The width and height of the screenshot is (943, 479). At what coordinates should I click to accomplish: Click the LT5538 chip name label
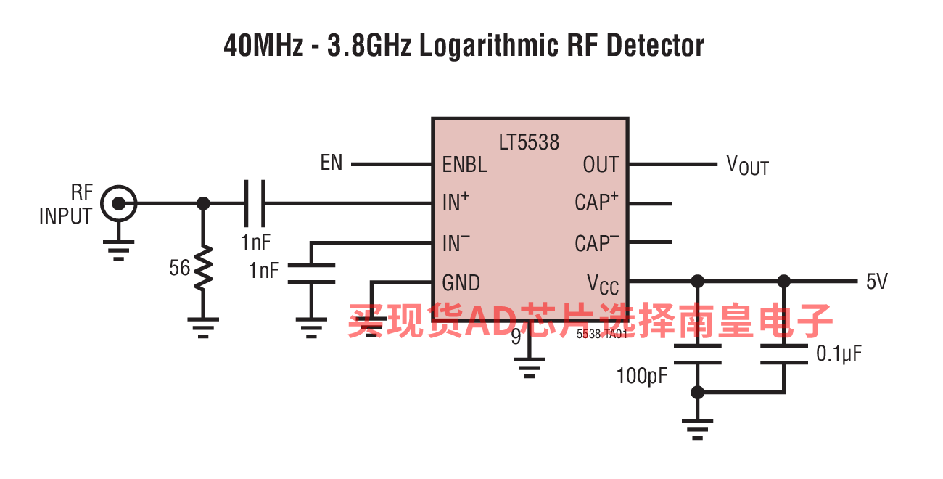[x=529, y=142]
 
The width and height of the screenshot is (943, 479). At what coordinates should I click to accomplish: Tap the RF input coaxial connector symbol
[x=119, y=203]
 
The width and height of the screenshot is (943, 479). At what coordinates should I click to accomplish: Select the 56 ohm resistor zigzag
[x=203, y=268]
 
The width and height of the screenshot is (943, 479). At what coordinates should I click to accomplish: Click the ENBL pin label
[x=465, y=164]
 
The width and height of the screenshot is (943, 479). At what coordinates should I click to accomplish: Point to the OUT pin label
[x=601, y=164]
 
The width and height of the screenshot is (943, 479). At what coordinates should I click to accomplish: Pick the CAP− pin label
[x=596, y=242]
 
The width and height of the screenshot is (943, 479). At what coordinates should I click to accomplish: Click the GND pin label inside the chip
[x=461, y=282]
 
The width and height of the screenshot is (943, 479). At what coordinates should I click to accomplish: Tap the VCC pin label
[x=603, y=284]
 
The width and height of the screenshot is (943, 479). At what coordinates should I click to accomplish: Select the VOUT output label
[x=747, y=165]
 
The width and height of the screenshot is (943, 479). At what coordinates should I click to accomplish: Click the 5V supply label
[x=877, y=282]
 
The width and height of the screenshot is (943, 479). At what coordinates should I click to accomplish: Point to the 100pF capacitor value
[x=641, y=376]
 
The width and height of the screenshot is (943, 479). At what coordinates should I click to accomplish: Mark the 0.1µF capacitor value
[x=839, y=354]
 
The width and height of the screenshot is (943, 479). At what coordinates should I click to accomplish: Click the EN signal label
[x=332, y=163]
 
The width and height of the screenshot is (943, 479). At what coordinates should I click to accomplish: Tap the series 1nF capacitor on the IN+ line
[x=255, y=203]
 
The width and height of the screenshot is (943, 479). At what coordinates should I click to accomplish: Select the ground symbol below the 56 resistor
[x=203, y=328]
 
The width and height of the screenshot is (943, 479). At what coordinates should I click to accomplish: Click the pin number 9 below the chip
[x=516, y=337]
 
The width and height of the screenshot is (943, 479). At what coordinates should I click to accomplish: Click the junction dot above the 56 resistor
[x=203, y=203]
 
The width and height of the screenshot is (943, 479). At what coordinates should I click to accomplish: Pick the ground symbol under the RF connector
[x=119, y=250]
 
